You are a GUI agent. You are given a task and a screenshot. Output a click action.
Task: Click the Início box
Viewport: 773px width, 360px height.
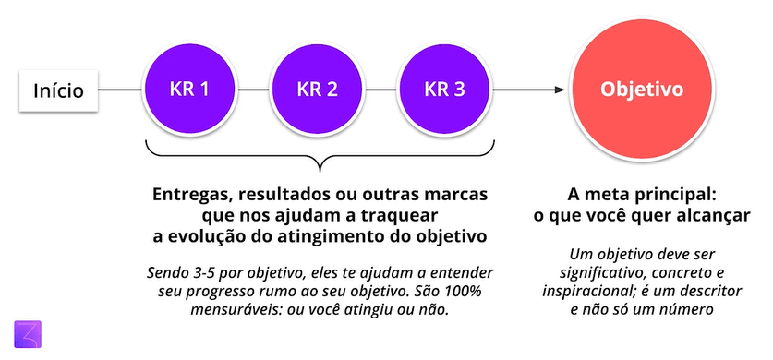pos(58,90)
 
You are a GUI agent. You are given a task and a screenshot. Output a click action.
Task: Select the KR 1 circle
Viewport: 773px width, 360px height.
pos(189,90)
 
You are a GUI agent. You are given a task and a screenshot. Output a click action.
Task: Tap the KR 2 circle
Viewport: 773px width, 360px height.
pos(317,90)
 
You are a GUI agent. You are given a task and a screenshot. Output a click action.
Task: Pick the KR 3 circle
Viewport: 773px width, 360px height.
pos(444,90)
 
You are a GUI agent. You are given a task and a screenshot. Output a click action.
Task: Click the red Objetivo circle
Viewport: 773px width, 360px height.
pos(642,90)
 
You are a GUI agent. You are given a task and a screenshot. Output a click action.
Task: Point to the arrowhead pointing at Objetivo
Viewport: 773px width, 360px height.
pos(560,90)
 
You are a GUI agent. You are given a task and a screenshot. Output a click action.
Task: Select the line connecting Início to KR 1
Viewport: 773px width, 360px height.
pos(121,90)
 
